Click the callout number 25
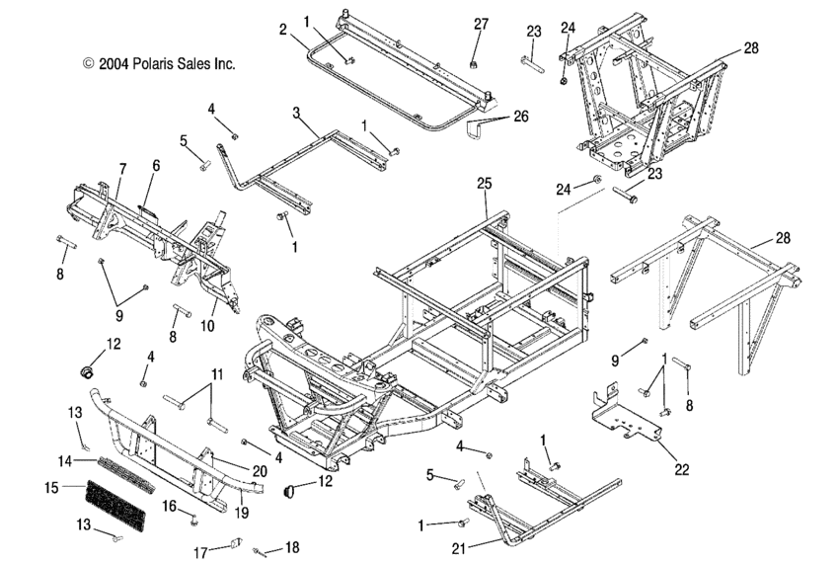click(484, 185)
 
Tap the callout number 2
click(282, 31)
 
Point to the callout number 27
click(481, 24)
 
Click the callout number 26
click(520, 116)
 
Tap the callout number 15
click(51, 487)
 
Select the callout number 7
click(122, 168)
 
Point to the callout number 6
click(155, 168)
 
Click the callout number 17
click(200, 552)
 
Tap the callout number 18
click(291, 546)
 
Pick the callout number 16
click(169, 506)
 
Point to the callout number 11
click(216, 374)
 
